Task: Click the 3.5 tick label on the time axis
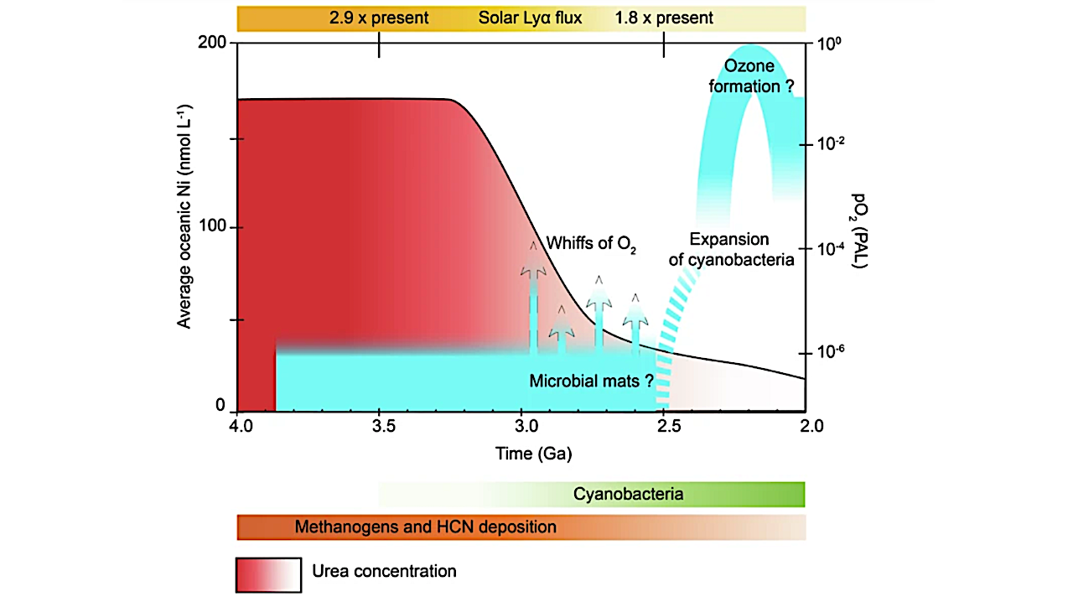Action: (x=383, y=426)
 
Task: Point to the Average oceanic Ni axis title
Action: (x=184, y=215)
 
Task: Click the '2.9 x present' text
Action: (x=379, y=18)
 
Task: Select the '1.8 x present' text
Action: (x=664, y=18)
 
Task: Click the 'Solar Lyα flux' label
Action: (x=530, y=18)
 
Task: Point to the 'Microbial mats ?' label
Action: (x=591, y=381)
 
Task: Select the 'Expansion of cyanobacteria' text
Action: (x=730, y=249)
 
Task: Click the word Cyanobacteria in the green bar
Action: (x=628, y=494)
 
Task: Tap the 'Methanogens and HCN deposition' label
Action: (x=425, y=527)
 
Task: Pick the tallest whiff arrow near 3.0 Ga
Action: (x=533, y=293)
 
